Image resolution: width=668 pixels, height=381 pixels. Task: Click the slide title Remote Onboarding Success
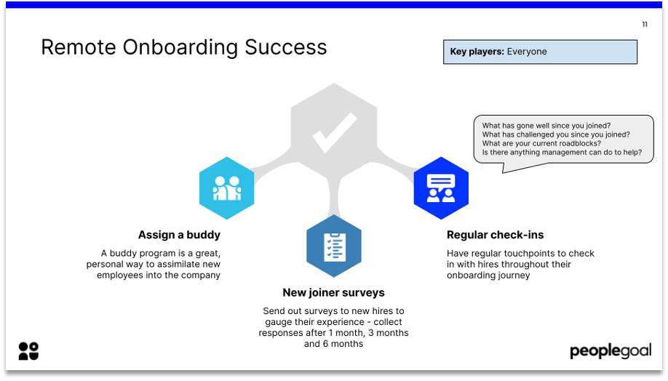pos(183,47)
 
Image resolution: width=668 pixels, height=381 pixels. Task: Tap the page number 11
pos(645,25)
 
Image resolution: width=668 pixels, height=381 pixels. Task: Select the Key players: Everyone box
pos(540,52)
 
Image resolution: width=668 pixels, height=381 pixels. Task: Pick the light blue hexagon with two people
pos(226,188)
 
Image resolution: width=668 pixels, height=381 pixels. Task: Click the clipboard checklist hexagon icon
pos(334,246)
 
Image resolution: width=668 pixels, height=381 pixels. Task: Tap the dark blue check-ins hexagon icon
pos(441,188)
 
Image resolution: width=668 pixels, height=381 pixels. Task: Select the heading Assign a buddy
pos(179,235)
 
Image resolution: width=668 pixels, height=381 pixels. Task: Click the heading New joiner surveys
pos(333,293)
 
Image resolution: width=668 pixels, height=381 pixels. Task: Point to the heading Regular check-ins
pos(495,235)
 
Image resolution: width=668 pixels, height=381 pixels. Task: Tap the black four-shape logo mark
pos(28,351)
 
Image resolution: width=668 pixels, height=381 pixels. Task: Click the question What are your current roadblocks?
pos(541,143)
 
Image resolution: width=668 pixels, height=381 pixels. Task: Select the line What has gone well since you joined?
pos(546,126)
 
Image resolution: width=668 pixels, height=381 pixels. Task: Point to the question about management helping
pos(562,153)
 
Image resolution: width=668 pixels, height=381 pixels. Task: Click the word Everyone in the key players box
pos(527,52)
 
